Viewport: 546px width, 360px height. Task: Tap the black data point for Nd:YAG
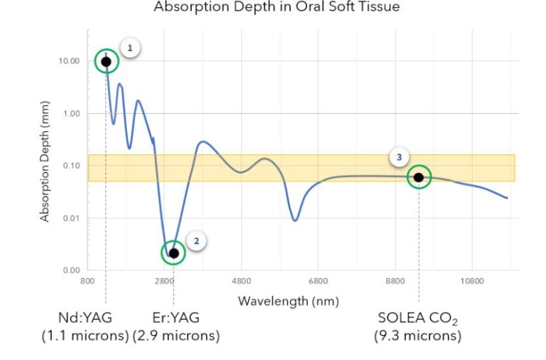point(106,61)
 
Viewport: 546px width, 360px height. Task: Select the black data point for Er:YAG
point(173,253)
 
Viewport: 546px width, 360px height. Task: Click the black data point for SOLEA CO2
point(418,177)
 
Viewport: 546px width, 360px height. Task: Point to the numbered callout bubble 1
point(129,48)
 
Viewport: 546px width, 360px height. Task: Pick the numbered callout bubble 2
point(197,240)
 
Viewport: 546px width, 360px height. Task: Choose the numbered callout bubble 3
point(399,157)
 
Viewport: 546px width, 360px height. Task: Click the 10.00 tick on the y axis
point(70,61)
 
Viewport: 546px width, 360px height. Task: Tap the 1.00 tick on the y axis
point(72,114)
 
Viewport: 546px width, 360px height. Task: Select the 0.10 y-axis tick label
point(72,166)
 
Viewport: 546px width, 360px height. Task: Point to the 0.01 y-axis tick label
point(72,218)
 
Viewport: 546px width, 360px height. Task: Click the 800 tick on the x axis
point(87,281)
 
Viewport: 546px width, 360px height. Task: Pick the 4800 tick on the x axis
point(241,281)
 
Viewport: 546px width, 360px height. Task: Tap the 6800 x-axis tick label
point(318,281)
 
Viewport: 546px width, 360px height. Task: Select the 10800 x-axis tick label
point(471,281)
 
